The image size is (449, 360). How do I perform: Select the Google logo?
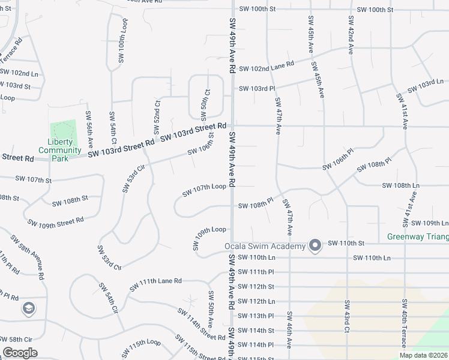point(20,352)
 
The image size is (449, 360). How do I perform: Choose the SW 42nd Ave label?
point(350,34)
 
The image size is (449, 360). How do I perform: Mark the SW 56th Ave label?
point(89,130)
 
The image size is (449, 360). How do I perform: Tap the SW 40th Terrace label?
point(405,323)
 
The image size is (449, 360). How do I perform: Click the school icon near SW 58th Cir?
point(28,308)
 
